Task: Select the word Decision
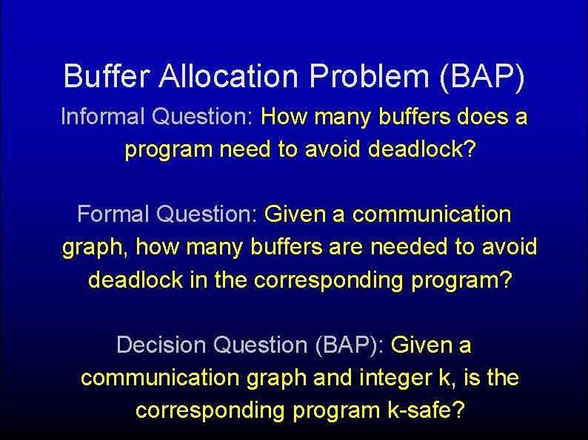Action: point(161,345)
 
